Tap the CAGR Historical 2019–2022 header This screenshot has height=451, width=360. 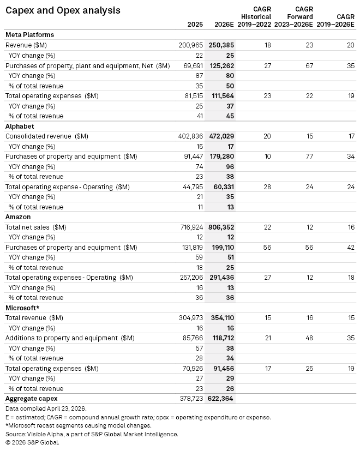[256, 17]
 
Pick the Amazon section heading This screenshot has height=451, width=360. [19, 217]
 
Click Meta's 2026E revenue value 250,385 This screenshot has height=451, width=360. [221, 45]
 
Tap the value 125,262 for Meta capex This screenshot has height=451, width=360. [221, 65]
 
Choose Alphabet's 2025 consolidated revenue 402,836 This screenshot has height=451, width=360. [191, 136]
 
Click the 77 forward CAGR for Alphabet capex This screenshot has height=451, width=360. [309, 157]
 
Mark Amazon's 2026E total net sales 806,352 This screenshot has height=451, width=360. [221, 227]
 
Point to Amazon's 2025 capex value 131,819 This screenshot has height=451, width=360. [191, 247]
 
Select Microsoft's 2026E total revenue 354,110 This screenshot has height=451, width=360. [221, 318]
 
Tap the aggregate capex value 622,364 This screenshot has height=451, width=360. [221, 399]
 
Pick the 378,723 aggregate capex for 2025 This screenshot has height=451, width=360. [191, 399]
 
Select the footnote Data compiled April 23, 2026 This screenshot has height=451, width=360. [45, 408]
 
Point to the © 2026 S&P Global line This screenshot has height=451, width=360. [32, 442]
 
